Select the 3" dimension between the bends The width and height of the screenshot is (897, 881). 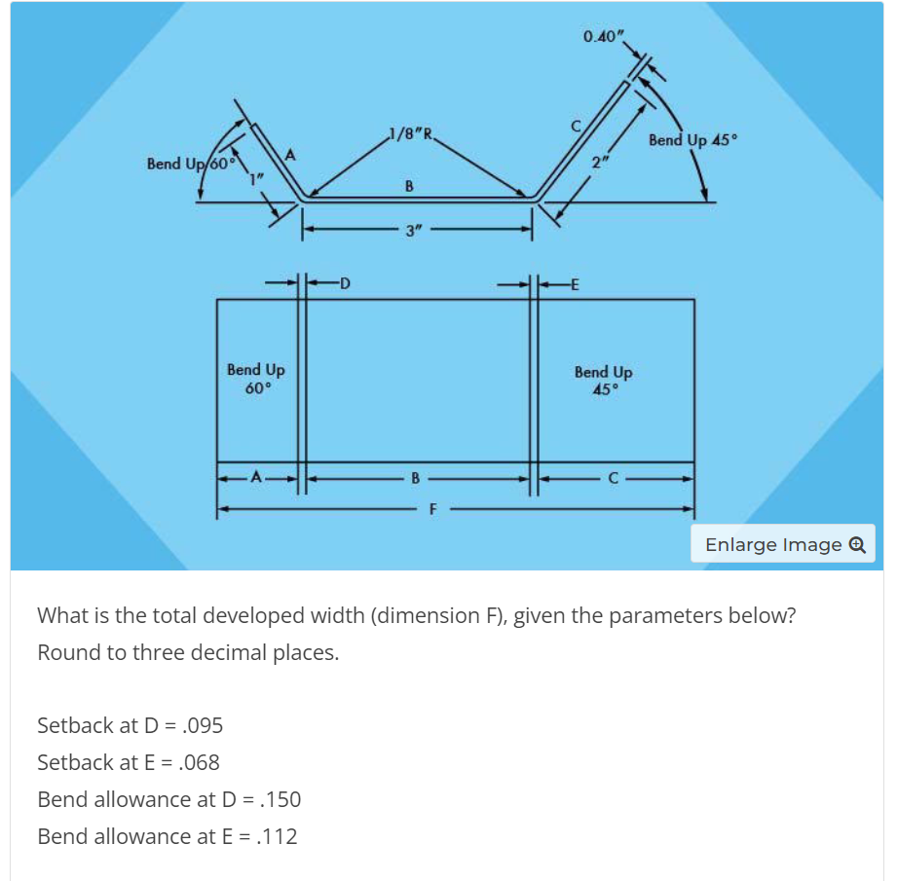point(414,232)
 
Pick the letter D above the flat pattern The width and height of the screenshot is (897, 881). point(345,284)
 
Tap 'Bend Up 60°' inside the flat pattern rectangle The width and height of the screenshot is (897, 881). point(255,379)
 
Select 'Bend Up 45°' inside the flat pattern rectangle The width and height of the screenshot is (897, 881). point(603,381)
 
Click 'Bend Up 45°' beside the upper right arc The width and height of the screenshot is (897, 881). point(693,140)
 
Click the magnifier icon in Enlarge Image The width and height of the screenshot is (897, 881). point(858,544)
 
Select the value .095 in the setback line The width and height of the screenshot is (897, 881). point(204,725)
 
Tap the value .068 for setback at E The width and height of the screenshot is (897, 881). point(200,762)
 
